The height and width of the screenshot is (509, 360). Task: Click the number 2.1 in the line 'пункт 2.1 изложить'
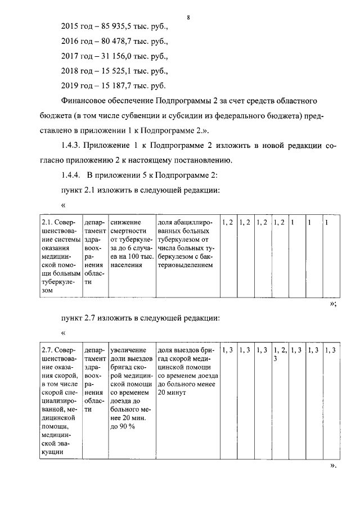click(90, 190)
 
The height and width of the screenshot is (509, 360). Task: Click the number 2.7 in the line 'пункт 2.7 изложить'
click(90, 318)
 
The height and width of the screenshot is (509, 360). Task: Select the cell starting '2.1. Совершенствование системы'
click(62, 256)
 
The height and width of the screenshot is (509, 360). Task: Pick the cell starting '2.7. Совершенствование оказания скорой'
click(62, 400)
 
